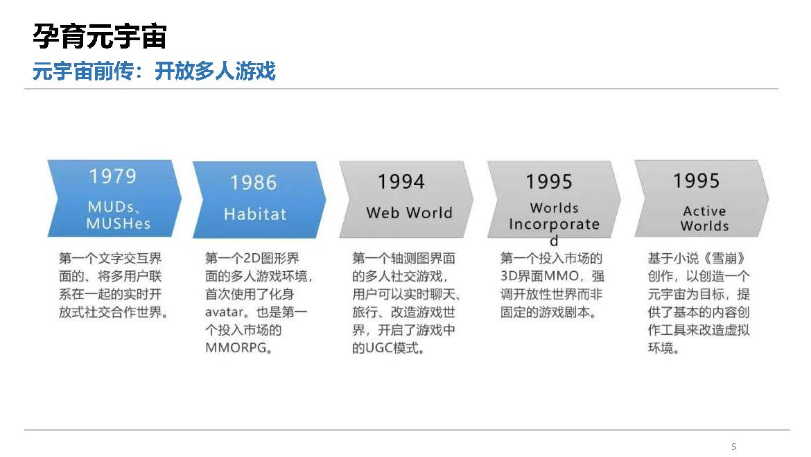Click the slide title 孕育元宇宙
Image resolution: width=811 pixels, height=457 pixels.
click(x=100, y=36)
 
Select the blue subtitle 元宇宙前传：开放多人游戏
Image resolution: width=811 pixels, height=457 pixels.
click(x=154, y=71)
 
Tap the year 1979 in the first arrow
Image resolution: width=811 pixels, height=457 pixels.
click(x=113, y=176)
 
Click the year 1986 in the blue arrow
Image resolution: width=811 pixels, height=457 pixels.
click(x=254, y=182)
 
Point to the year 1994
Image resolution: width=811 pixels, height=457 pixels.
click(x=401, y=182)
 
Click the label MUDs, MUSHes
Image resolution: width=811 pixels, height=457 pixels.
click(x=119, y=215)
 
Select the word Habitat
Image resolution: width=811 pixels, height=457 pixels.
click(x=255, y=214)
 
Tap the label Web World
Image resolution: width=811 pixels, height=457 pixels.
click(x=409, y=213)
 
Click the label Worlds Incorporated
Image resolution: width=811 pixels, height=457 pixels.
click(x=554, y=223)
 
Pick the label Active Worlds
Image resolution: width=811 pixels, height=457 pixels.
click(x=704, y=218)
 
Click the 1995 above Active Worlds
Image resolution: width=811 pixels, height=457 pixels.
click(x=696, y=181)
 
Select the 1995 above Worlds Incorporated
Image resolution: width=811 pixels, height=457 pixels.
click(x=549, y=182)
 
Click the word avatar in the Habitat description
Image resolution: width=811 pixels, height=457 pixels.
click(x=223, y=313)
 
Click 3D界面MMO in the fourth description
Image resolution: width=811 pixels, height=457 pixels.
click(x=539, y=277)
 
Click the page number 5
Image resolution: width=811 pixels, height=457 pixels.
click(x=733, y=446)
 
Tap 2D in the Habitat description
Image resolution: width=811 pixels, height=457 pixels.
click(x=252, y=258)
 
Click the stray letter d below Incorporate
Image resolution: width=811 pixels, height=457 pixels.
click(x=554, y=241)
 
